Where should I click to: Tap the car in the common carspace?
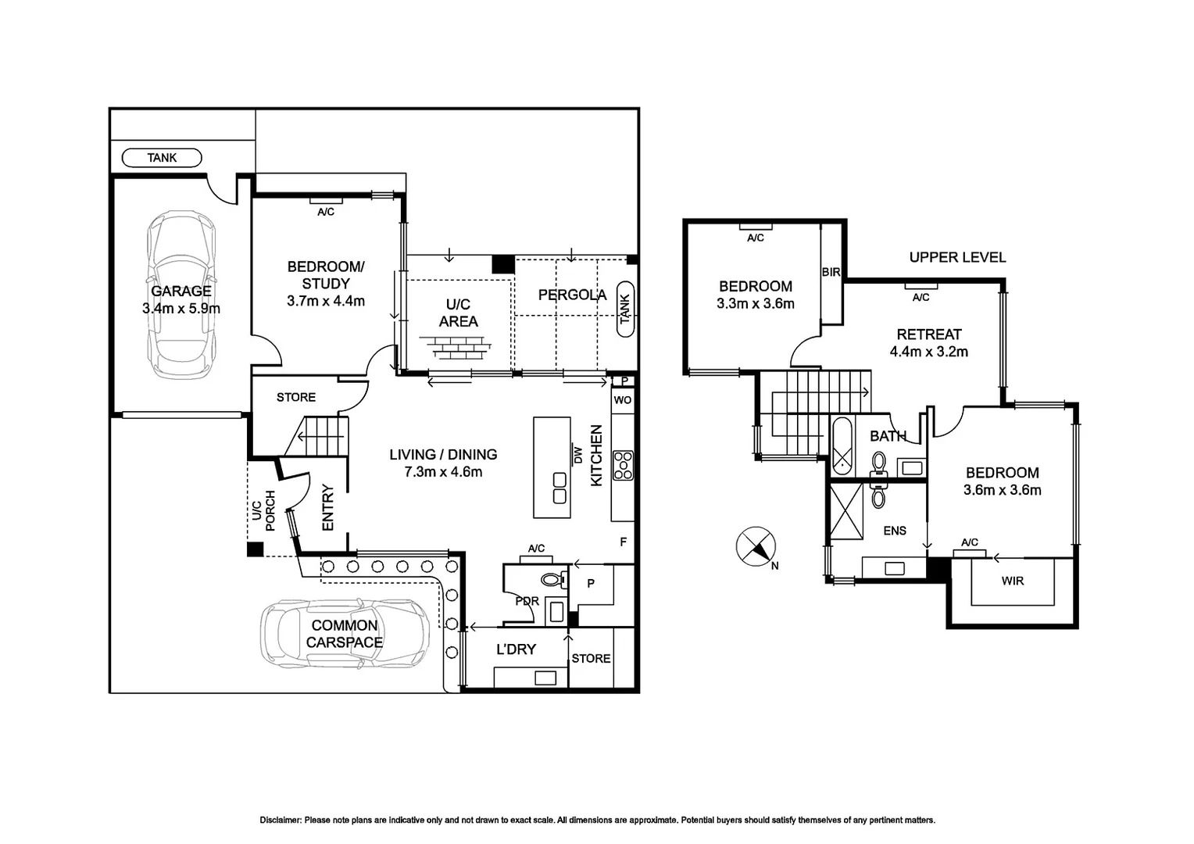click(344, 634)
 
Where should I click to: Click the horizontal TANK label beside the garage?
click(162, 158)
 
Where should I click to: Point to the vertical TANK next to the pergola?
click(625, 309)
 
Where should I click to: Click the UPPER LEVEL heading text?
click(957, 257)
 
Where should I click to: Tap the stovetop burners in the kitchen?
click(623, 465)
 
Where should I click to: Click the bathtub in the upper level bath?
click(842, 447)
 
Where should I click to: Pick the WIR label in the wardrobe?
click(1012, 581)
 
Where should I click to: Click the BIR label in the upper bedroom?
click(831, 272)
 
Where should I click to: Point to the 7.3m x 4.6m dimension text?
click(443, 472)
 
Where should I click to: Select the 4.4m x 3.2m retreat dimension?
click(928, 352)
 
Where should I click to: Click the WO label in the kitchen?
click(623, 400)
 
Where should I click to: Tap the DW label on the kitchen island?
click(579, 454)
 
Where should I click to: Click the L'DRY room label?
click(516, 649)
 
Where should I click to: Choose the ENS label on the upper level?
click(895, 531)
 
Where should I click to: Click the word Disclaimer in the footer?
click(280, 821)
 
